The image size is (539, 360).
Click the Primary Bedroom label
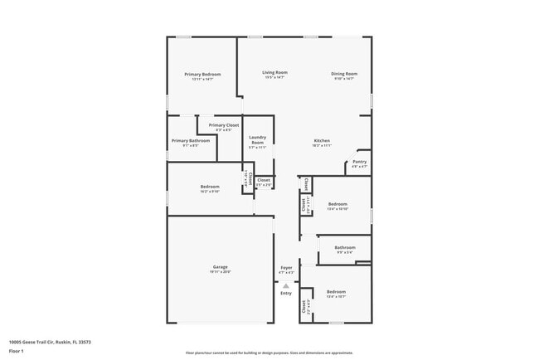(202, 75)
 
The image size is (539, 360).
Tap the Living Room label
(275, 74)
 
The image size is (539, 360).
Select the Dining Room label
(344, 74)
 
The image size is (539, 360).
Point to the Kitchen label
(322, 140)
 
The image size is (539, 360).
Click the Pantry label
(359, 162)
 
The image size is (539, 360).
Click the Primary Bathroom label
(191, 141)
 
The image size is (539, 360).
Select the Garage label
(220, 267)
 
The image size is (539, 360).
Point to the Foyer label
(286, 267)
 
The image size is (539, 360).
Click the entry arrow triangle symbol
(286, 285)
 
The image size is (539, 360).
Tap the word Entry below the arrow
(286, 293)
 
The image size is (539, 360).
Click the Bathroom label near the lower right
(345, 247)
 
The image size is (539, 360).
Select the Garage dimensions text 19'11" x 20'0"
(220, 272)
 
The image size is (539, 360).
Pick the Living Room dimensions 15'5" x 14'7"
(275, 79)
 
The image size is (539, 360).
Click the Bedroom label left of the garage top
(210, 187)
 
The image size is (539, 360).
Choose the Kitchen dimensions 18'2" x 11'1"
(322, 145)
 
